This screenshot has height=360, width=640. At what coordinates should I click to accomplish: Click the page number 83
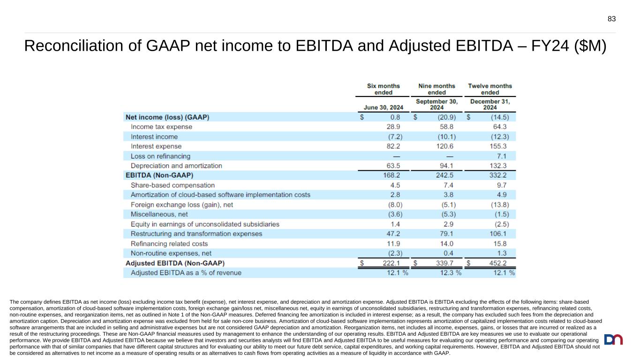(x=611, y=19)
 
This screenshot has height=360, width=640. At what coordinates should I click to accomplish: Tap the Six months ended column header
(x=383, y=89)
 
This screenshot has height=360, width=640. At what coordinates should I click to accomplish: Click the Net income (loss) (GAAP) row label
(x=167, y=117)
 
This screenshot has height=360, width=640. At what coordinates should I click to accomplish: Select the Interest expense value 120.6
(x=445, y=146)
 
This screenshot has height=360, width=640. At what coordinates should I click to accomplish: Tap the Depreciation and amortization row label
(x=176, y=166)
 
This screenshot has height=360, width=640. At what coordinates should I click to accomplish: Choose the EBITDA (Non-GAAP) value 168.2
(x=392, y=176)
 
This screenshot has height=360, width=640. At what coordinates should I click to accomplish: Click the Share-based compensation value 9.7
(x=504, y=185)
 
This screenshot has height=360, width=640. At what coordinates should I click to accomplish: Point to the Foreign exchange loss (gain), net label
(x=182, y=205)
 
